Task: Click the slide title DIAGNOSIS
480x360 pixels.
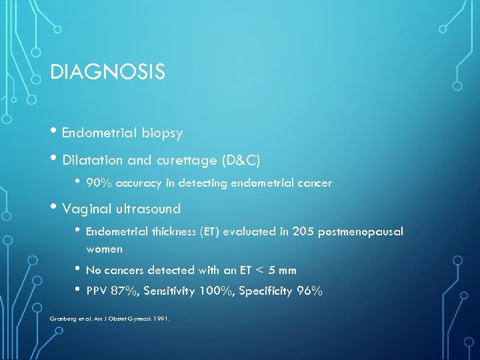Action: click(x=107, y=72)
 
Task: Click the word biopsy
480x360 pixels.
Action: click(x=162, y=133)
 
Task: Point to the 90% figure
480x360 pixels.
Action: click(x=98, y=183)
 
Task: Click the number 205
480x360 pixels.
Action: click(x=303, y=231)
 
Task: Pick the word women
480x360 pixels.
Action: click(x=105, y=249)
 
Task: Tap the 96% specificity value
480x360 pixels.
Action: click(x=310, y=291)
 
